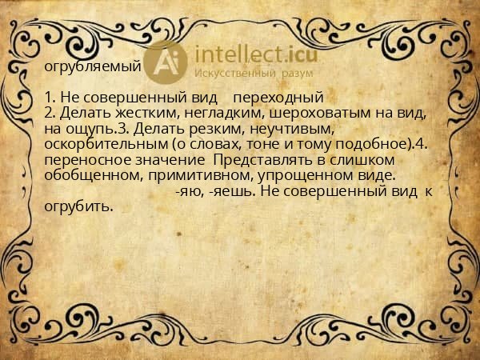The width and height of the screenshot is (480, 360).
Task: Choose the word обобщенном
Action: [86, 175]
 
